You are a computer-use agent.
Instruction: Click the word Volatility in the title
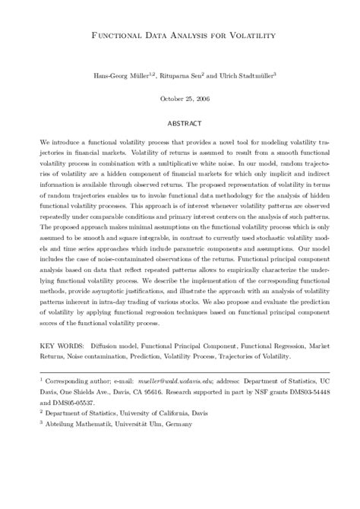point(248,35)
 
